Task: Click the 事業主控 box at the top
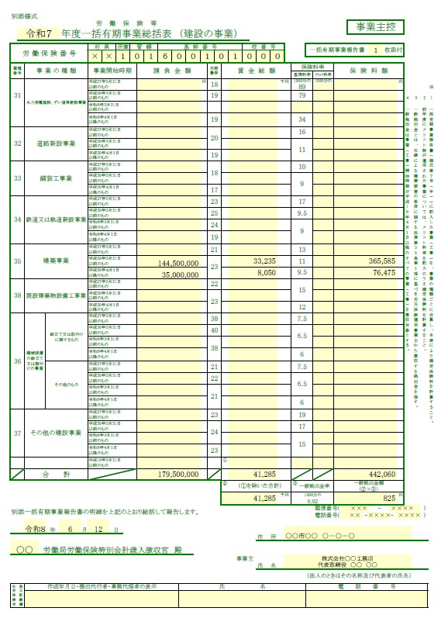click(375, 27)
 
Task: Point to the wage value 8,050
click(266, 273)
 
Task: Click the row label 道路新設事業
click(56, 143)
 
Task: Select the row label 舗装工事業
click(56, 178)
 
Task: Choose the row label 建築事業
click(56, 261)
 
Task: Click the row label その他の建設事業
click(56, 431)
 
